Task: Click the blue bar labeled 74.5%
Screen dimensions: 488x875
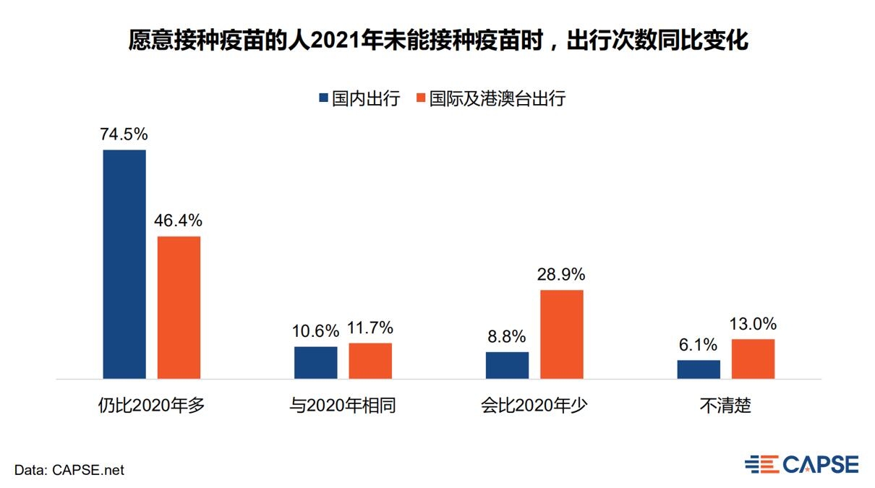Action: point(124,264)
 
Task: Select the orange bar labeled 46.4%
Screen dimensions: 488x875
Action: point(179,307)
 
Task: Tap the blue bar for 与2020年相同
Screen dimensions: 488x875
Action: point(315,362)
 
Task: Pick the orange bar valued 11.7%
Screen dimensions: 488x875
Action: point(370,360)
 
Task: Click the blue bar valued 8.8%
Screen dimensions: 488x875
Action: point(507,365)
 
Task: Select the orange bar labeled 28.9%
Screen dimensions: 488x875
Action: point(562,334)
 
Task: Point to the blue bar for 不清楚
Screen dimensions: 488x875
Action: point(699,369)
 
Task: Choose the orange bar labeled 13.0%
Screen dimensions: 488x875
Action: point(753,359)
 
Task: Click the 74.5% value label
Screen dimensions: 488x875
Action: point(124,134)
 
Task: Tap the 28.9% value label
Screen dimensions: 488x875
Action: point(561,275)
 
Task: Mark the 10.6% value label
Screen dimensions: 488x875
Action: point(315,331)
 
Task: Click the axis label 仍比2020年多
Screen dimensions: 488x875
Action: point(152,406)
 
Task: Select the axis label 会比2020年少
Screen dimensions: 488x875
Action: point(534,406)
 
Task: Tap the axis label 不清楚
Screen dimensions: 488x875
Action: point(725,406)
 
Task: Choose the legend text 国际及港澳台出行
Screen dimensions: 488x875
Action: point(497,98)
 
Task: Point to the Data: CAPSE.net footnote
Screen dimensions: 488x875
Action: point(69,470)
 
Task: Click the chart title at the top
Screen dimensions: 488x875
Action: point(437,40)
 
